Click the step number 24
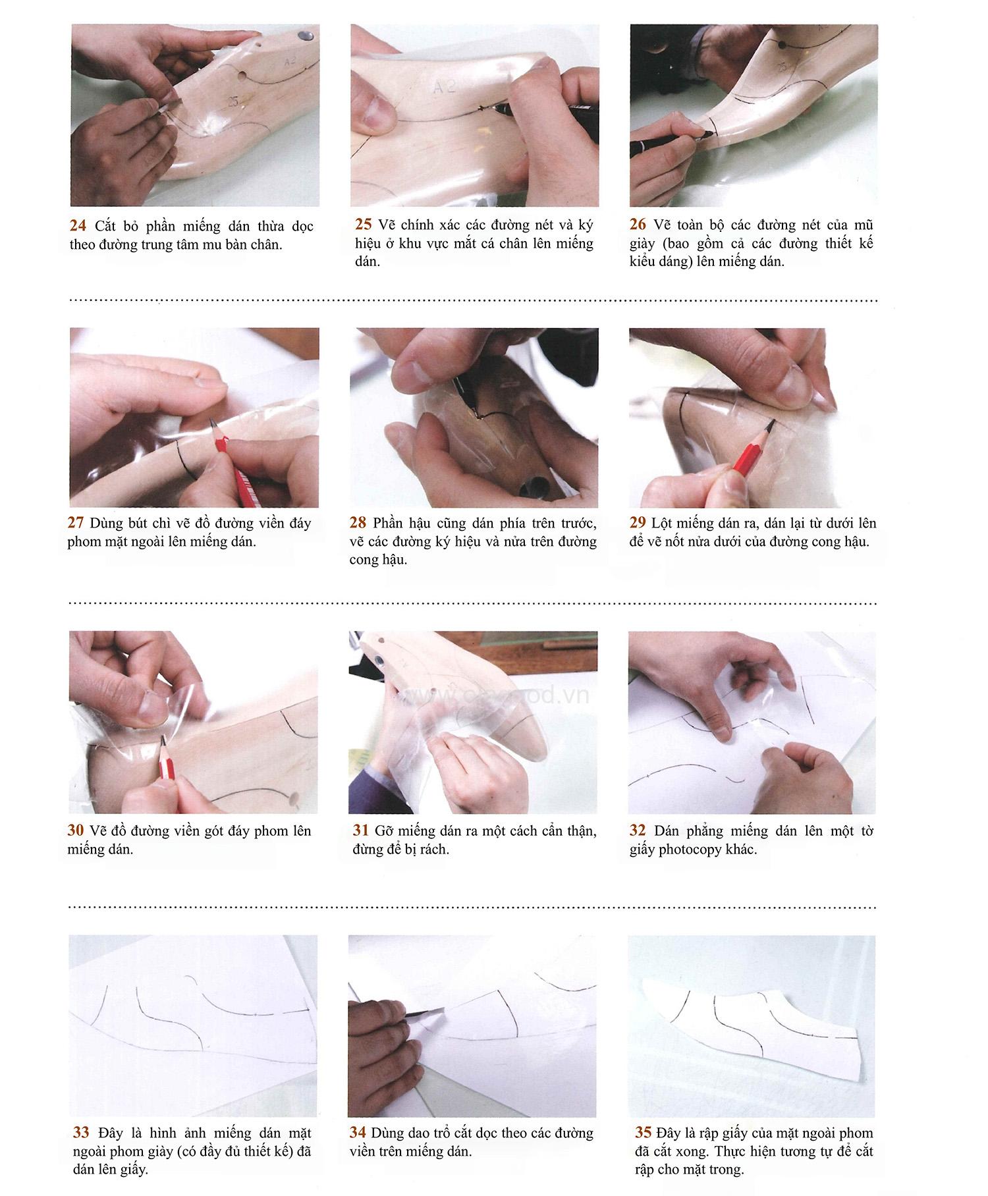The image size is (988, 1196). [78, 226]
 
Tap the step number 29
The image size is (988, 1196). [637, 523]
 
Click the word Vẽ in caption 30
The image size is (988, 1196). [98, 830]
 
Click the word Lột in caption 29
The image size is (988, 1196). [661, 523]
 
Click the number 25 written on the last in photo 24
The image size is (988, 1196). [233, 101]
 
